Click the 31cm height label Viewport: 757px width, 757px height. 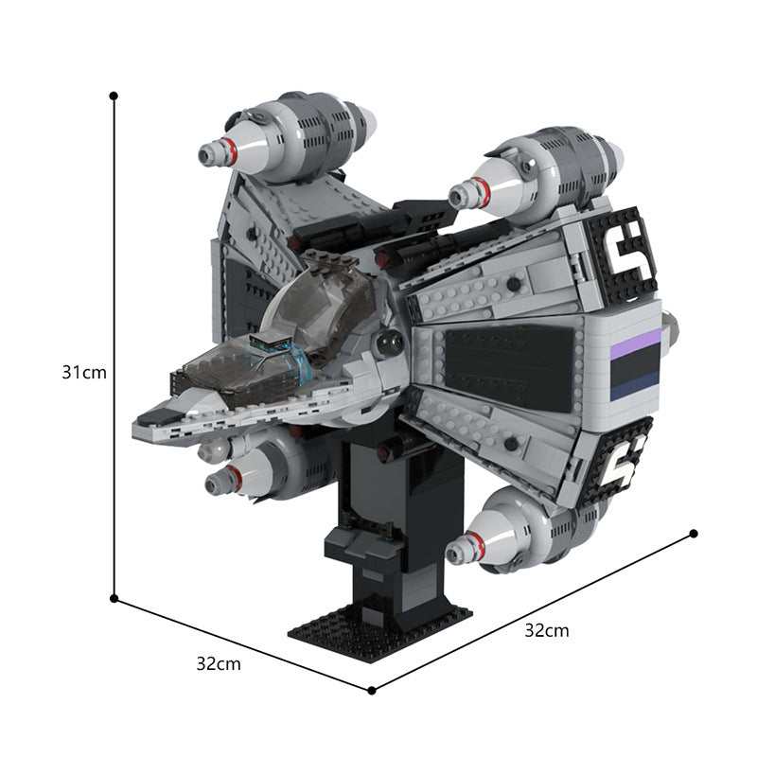point(84,373)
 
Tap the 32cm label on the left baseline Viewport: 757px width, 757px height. point(219,664)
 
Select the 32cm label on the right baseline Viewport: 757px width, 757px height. point(547,630)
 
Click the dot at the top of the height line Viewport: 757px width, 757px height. point(114,97)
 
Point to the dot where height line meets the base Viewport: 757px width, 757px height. point(114,599)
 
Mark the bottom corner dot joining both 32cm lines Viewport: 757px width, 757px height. point(371,691)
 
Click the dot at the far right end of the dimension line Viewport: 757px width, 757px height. point(694,534)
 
